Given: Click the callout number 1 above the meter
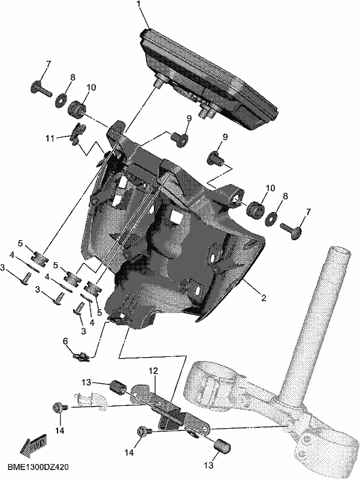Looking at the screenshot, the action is tap(139, 4).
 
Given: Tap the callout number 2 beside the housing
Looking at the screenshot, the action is tap(263, 296).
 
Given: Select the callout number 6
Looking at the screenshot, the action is tap(65, 341).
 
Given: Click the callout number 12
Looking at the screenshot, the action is tap(153, 371).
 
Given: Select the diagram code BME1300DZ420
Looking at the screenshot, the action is tap(38, 468).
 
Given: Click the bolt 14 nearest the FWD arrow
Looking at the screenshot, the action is tap(58, 408).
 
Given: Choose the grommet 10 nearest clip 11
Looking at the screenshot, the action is tap(77, 108).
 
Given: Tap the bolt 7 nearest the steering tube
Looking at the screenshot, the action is tap(291, 232).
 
